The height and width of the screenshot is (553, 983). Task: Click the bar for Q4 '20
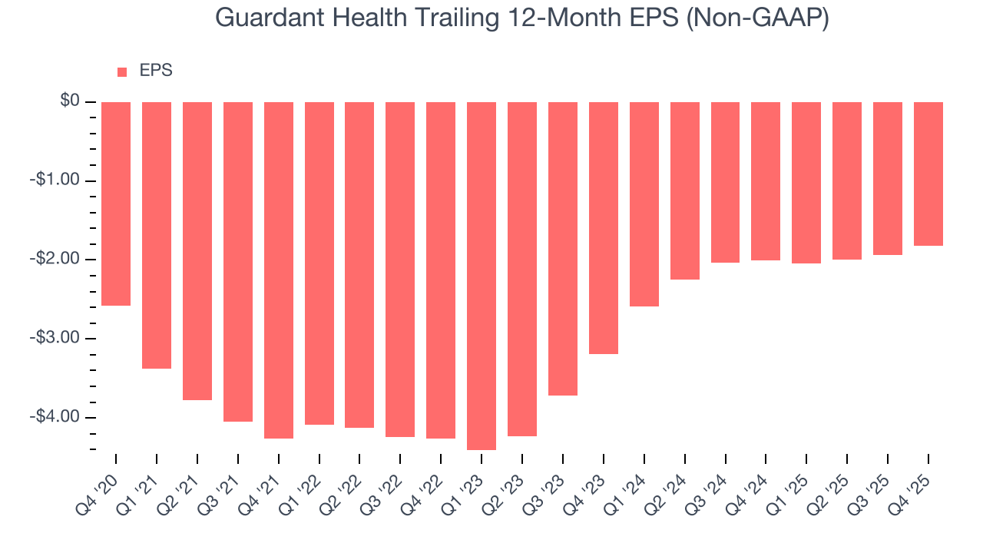point(116,204)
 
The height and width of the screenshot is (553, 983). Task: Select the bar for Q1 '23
point(482,275)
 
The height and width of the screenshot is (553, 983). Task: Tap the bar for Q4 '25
point(928,174)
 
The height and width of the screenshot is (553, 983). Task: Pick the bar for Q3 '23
point(563,248)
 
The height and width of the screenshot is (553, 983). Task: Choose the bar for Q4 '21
point(279,270)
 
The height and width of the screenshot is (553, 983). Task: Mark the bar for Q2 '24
point(685,190)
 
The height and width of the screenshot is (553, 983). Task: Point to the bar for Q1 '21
point(157,235)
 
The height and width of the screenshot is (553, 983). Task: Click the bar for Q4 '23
point(604,227)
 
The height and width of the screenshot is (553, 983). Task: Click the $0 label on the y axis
point(71,101)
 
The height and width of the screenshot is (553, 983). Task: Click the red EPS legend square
point(122,72)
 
